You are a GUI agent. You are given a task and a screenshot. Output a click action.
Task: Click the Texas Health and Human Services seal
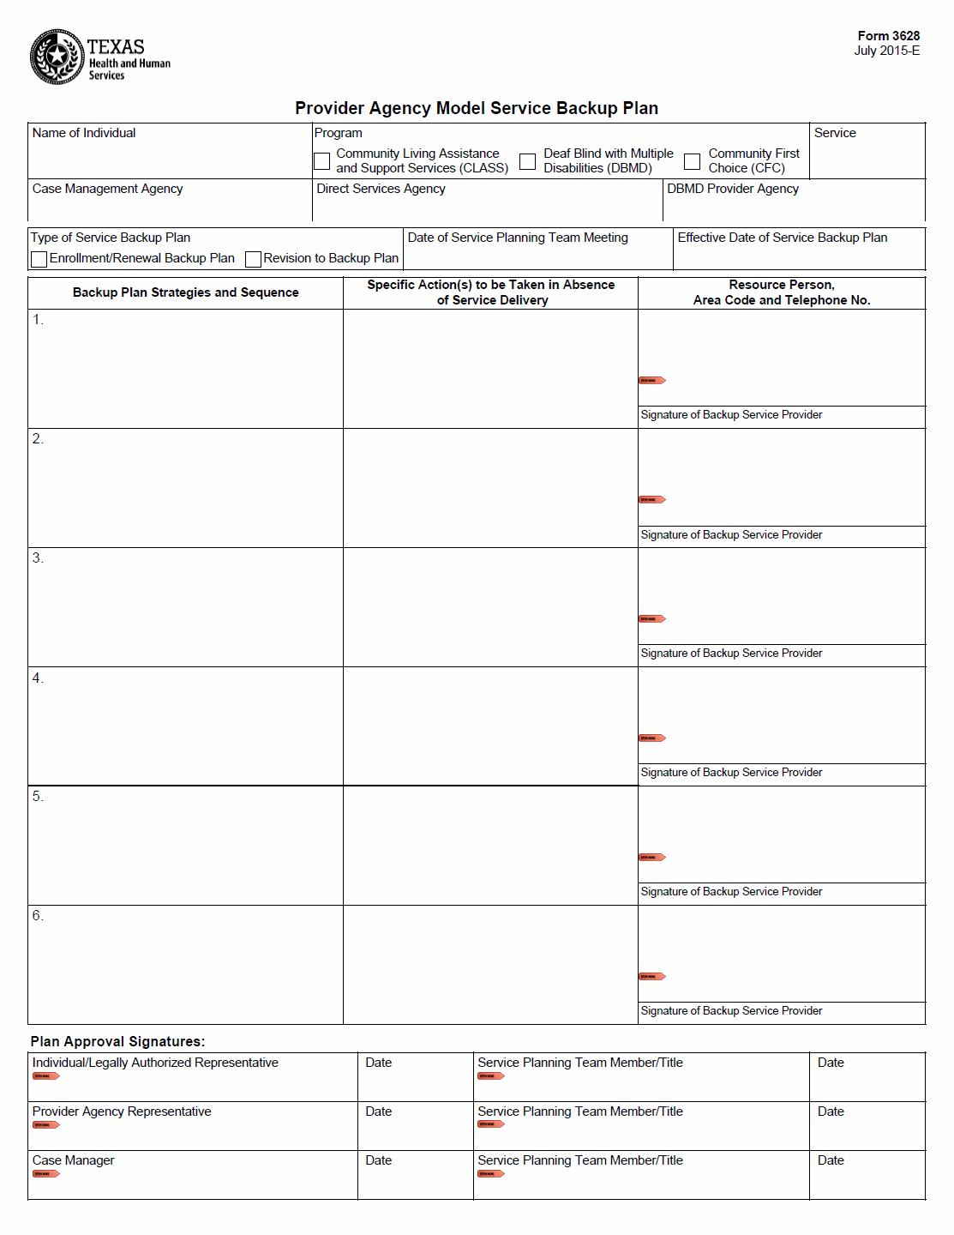coord(57,57)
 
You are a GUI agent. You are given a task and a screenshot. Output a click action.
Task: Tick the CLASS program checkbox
coord(322,161)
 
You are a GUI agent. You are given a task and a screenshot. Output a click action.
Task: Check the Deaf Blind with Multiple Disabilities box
coord(528,161)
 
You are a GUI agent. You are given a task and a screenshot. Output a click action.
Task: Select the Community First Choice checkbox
coord(692,161)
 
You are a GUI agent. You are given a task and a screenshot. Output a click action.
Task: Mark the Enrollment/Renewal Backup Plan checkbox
coord(39,259)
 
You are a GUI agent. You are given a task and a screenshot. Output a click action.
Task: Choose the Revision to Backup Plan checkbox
coord(253,259)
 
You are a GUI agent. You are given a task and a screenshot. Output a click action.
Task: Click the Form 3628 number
coord(888,36)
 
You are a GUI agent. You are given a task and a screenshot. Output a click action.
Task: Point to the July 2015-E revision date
coord(886,51)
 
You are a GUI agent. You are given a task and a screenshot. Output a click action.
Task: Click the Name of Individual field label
coord(84,133)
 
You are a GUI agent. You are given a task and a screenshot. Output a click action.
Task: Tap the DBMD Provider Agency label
coord(732,189)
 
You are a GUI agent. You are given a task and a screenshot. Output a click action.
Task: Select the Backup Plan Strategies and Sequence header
coord(185,292)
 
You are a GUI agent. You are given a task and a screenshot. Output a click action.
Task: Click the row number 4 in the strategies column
coord(37,678)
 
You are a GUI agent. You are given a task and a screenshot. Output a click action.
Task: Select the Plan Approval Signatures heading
coord(117,1041)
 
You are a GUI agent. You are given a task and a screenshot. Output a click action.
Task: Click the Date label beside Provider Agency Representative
coord(378,1111)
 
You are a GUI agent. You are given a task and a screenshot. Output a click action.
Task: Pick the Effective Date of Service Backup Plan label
coord(782,238)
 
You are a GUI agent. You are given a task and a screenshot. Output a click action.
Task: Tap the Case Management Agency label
coord(107,189)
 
